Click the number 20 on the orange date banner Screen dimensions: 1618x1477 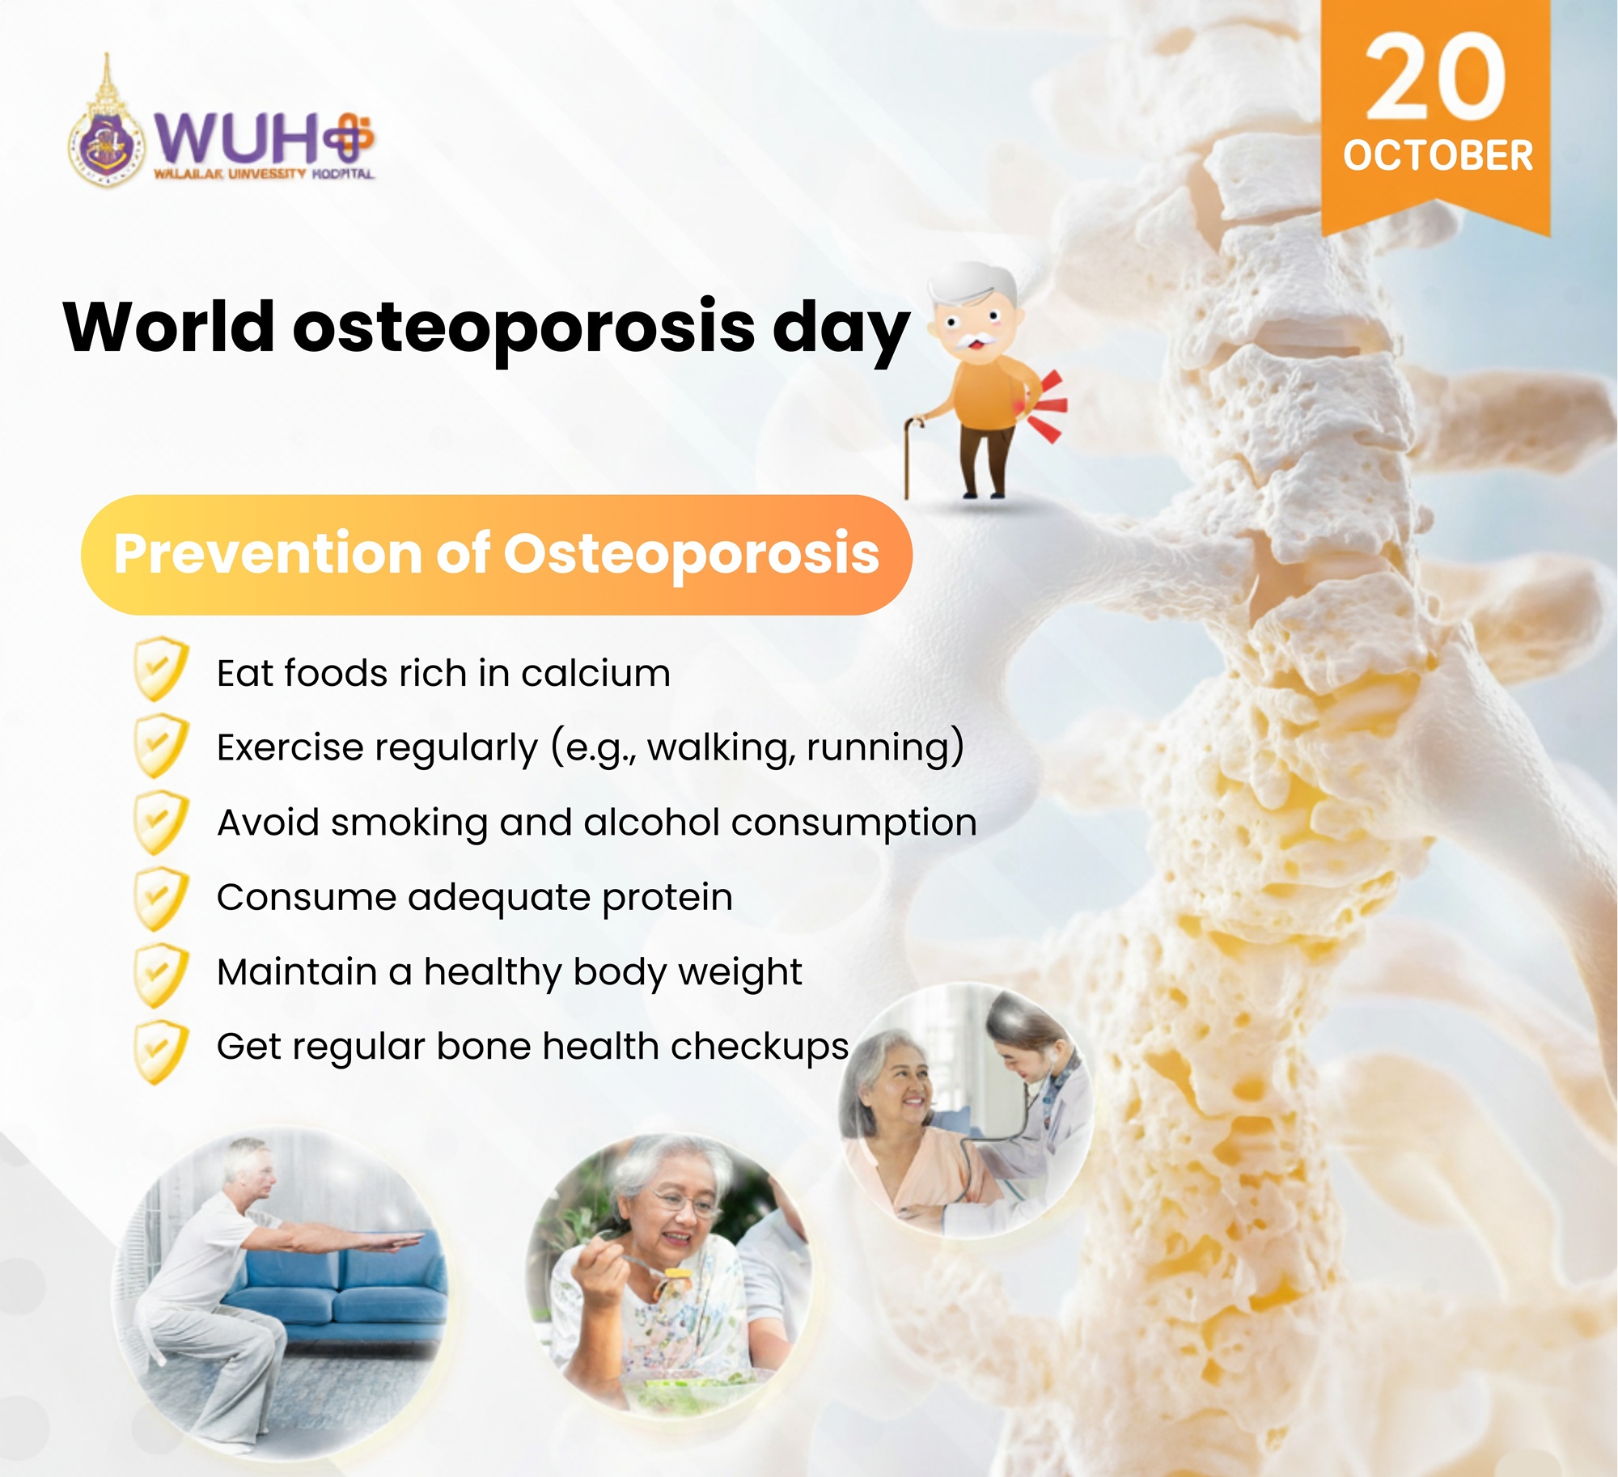[x=1436, y=77]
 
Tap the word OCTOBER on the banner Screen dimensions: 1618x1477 [x=1438, y=156]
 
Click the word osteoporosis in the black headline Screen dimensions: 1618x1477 [x=524, y=328]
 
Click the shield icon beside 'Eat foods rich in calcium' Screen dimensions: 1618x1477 [x=161, y=669]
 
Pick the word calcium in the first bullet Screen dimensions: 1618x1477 [x=595, y=674]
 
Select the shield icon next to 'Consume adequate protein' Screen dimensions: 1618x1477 [x=161, y=898]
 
